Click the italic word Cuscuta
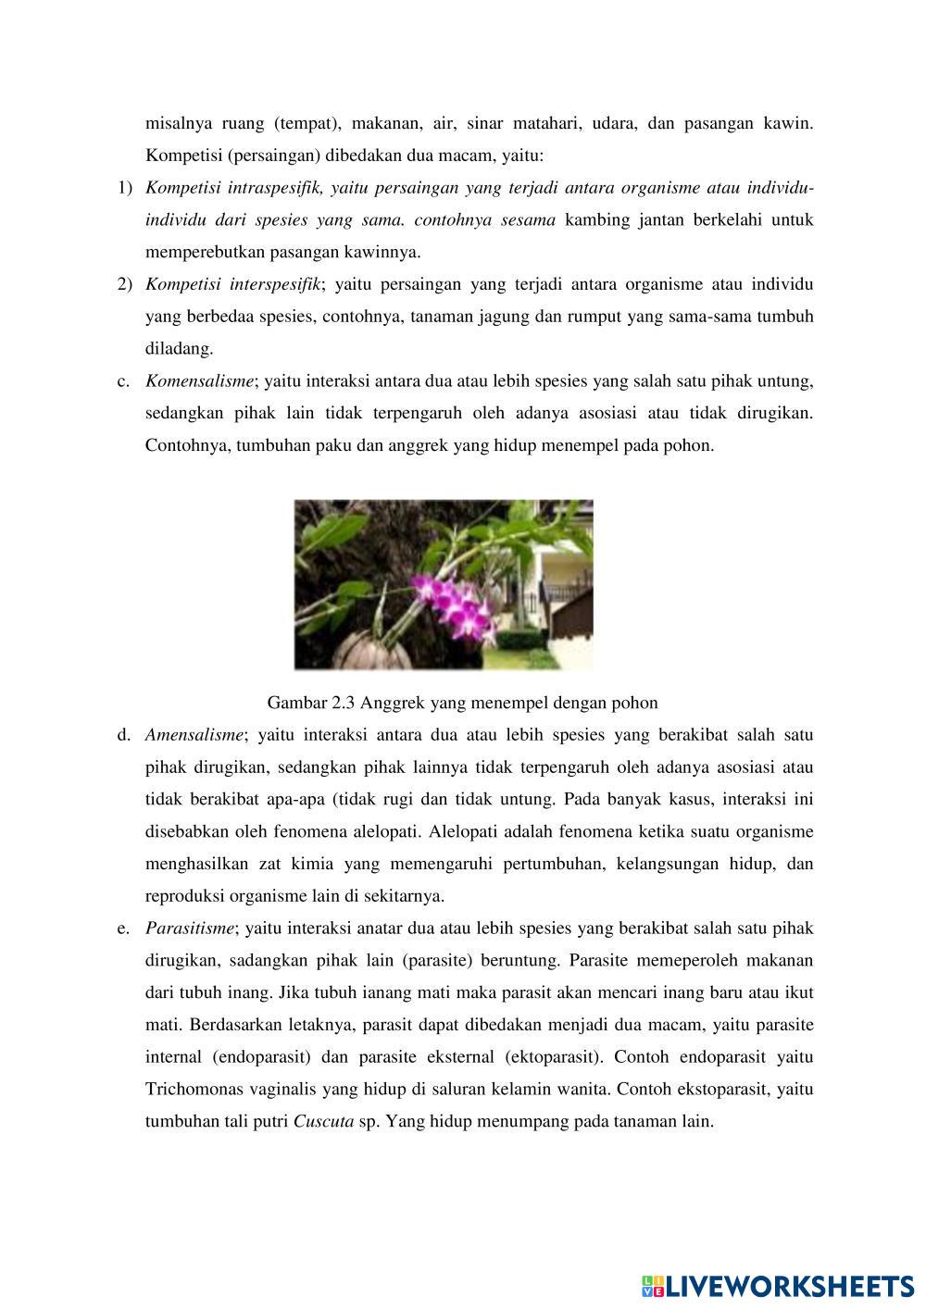323,1121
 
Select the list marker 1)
125,189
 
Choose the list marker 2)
125,284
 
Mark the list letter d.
122,735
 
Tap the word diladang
179,349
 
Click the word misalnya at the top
178,124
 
